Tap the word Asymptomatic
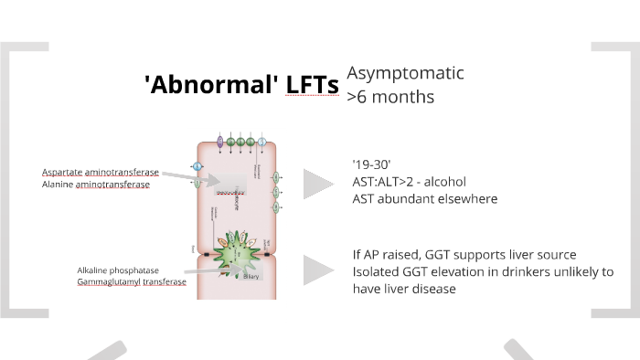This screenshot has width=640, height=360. pos(405,73)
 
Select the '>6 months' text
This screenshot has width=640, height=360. pos(390,95)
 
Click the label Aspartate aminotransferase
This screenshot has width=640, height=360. pos(100,172)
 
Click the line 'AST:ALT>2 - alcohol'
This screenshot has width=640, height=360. pos(408,181)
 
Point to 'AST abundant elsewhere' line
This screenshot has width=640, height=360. pos(424,198)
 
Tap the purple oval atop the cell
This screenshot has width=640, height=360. pos(220,142)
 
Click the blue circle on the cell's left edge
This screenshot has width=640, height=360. pos(197,166)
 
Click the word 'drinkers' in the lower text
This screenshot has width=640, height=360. pos(517,270)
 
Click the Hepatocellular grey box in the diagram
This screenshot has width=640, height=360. pos(235,188)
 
